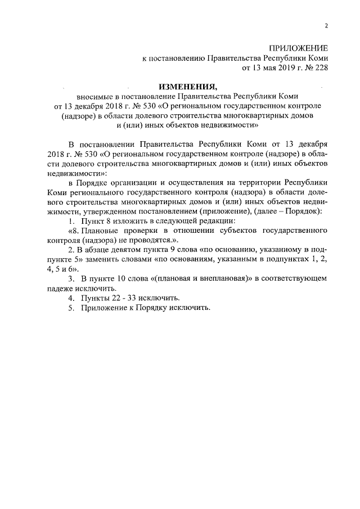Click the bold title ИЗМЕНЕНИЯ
[x=187, y=87]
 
